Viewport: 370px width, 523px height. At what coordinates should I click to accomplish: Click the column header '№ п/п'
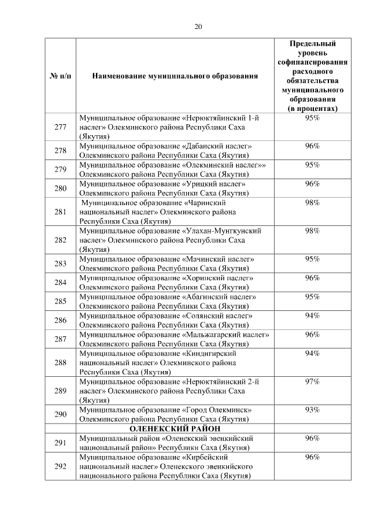pos(60,76)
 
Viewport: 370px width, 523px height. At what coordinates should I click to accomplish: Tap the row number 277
pos(60,127)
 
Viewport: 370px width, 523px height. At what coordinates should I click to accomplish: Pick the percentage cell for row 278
pos(313,146)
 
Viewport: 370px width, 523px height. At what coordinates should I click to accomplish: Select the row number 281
pos(60,212)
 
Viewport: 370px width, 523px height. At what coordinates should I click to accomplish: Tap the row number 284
pos(60,283)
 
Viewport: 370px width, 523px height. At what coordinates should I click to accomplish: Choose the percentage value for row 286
pos(313,316)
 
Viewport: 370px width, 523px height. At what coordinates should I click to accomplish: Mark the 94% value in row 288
pos(313,354)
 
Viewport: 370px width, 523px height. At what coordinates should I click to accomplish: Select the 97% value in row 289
pos(313,382)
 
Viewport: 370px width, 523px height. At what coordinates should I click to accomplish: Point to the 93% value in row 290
pos(313,410)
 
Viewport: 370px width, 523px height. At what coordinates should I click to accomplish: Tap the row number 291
pos(60,443)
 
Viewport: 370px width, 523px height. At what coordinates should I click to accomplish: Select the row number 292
pos(60,467)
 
